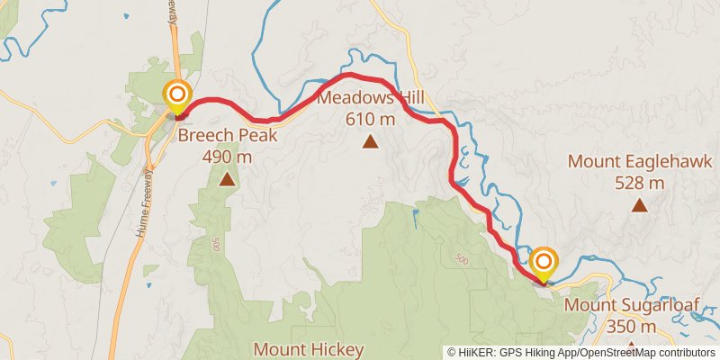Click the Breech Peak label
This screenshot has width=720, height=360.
tap(227, 136)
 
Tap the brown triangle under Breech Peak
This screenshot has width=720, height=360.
tap(227, 179)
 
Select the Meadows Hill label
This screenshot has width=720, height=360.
tap(370, 97)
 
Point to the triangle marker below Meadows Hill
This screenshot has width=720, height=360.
tap(370, 141)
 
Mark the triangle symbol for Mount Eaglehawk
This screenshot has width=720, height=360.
tap(639, 205)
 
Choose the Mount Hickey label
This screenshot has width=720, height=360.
tap(309, 349)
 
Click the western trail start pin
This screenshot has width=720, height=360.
tap(178, 95)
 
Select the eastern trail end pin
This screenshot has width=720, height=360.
tap(544, 264)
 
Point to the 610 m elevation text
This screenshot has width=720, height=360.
tap(370, 119)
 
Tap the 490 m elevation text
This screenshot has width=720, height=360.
tap(227, 157)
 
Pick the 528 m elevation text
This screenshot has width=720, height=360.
tap(639, 184)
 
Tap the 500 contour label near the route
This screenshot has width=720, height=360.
tap(462, 260)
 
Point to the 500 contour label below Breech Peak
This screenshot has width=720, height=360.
tap(216, 245)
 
